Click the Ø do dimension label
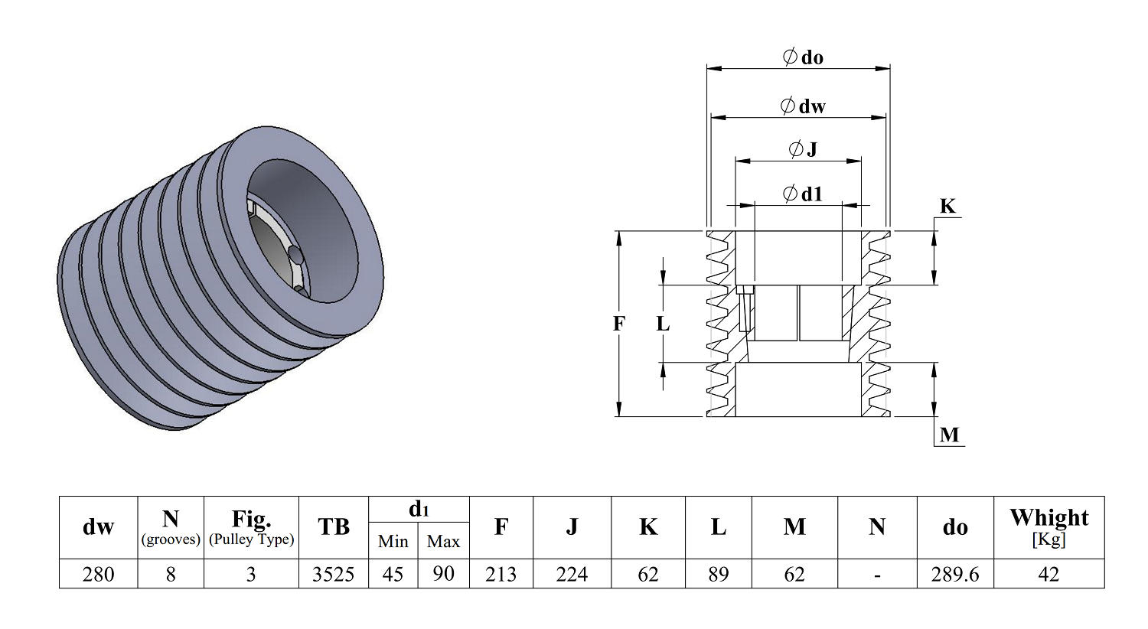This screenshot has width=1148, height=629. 803,57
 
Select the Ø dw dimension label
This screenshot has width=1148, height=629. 803,106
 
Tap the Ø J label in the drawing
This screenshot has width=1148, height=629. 803,149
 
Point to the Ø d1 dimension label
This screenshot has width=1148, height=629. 803,194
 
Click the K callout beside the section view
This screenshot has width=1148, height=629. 947,206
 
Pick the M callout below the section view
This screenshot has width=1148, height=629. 949,435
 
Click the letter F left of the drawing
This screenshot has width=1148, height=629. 619,324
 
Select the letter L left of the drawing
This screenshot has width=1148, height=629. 664,324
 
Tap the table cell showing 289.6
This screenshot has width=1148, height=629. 955,574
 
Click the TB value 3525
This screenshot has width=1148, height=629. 333,574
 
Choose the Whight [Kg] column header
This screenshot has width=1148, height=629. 1049,527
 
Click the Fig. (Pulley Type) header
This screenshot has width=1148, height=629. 251,527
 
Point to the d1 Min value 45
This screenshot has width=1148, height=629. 393,574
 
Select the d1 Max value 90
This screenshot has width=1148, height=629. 443,574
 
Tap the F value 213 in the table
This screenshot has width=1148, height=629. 501,574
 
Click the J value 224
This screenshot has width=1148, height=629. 572,574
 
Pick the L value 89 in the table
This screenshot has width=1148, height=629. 718,574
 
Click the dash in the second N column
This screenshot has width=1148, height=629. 877,575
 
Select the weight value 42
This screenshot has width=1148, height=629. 1049,574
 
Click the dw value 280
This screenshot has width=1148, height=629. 99,574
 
